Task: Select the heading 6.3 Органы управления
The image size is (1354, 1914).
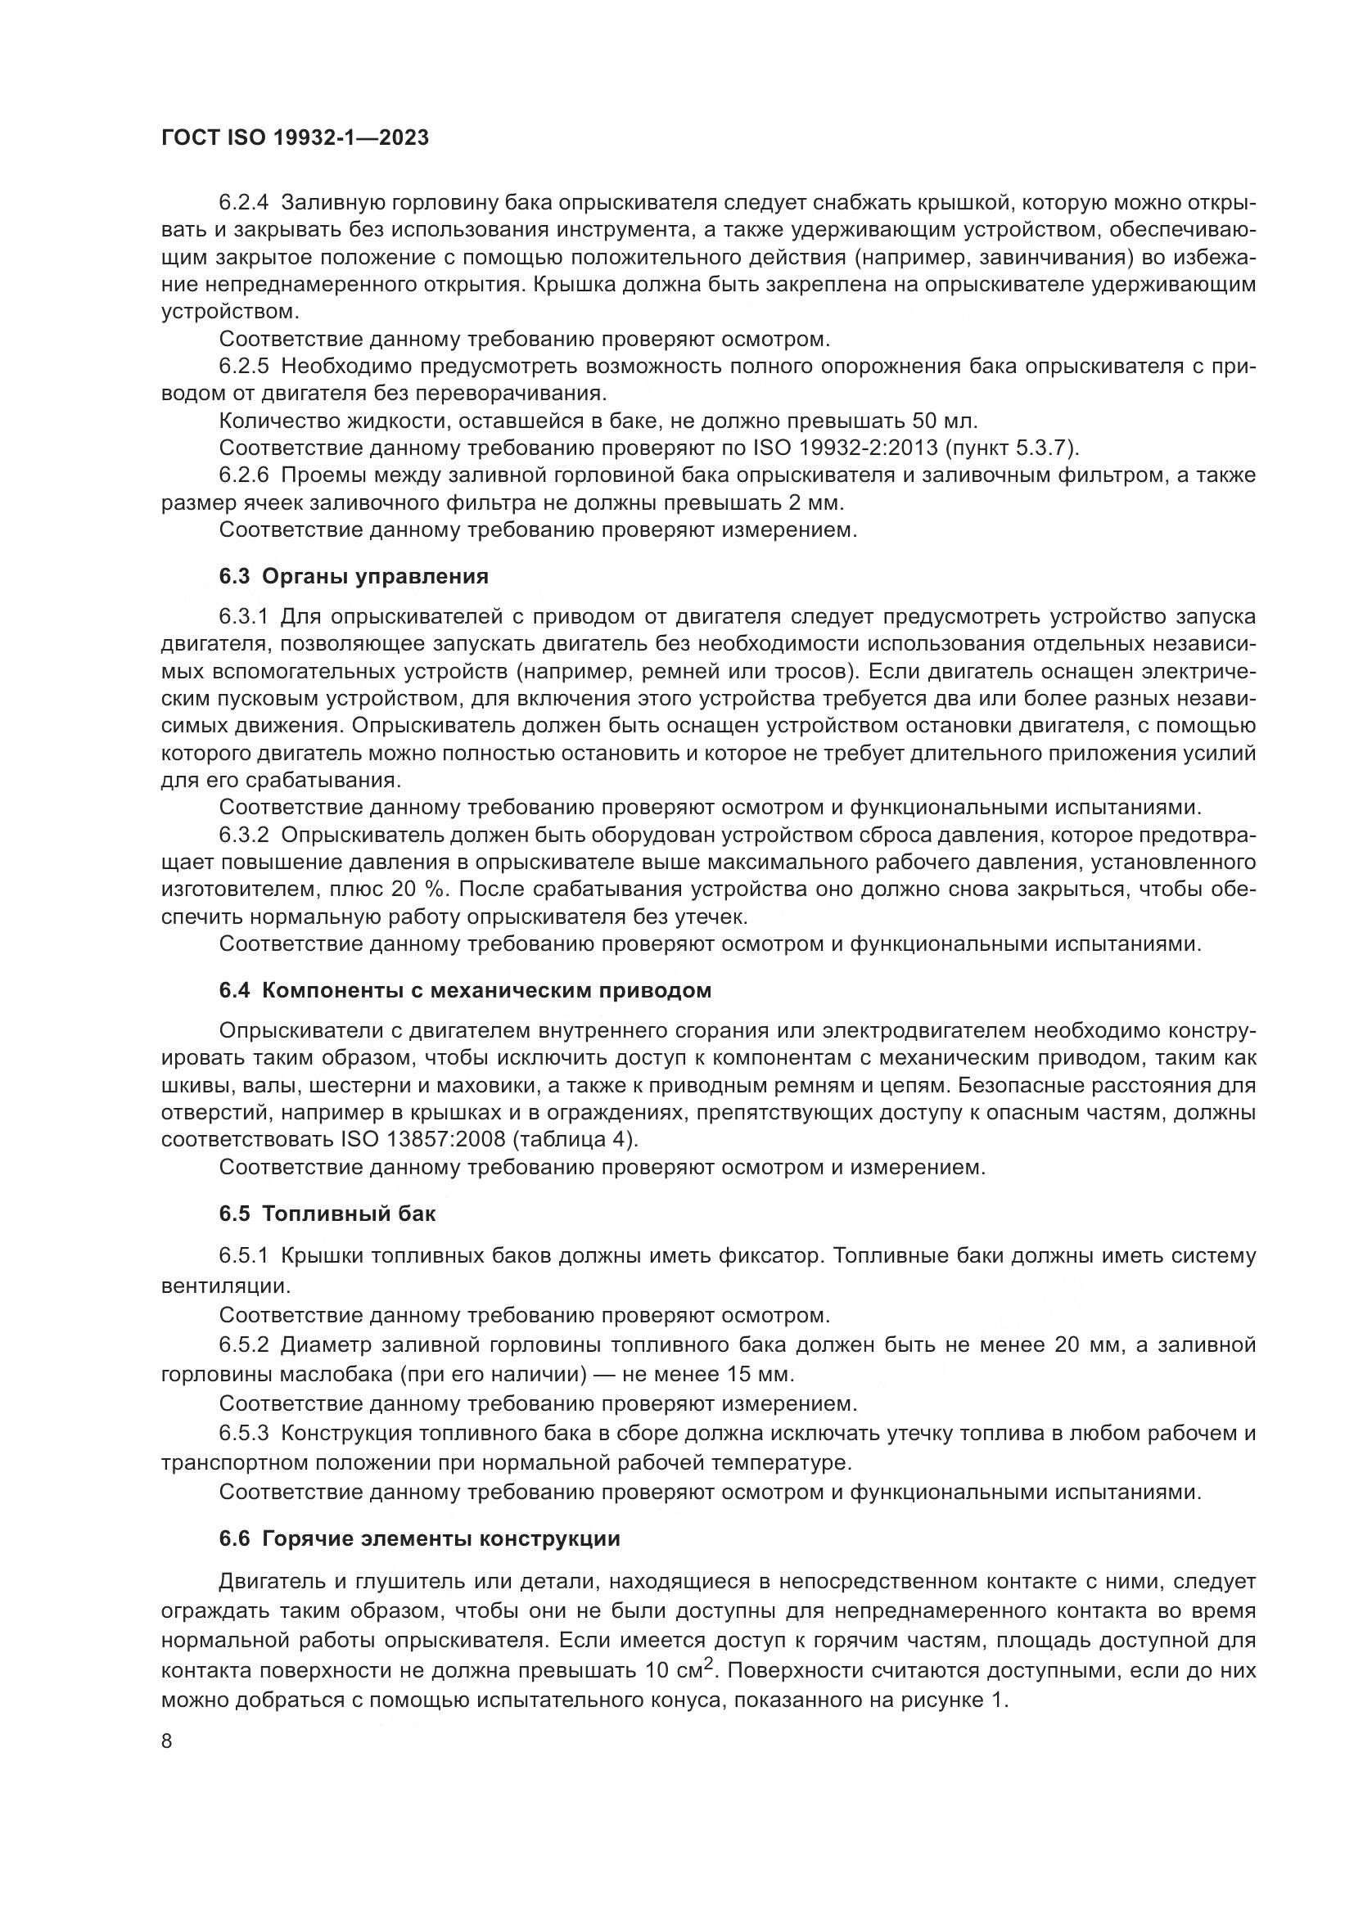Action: pos(354,576)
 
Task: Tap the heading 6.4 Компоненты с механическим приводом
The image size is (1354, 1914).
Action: pos(465,990)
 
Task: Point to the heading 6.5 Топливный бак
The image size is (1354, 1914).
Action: pos(327,1213)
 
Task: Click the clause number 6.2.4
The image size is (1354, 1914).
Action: pos(244,203)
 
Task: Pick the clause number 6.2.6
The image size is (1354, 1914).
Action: pos(244,475)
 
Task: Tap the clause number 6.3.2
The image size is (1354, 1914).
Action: pos(244,835)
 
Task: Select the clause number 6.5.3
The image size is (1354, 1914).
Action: pos(244,1433)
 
